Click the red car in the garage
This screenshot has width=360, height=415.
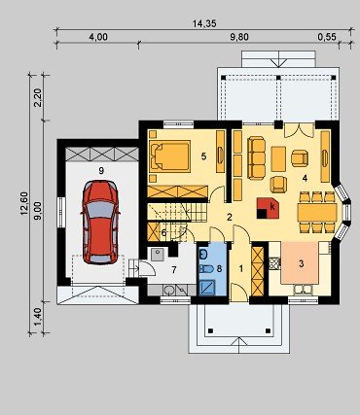pyautogui.click(x=100, y=223)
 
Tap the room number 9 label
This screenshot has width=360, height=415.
pyautogui.click(x=101, y=171)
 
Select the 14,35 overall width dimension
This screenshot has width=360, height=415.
pyautogui.click(x=204, y=23)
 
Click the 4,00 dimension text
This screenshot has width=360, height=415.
pyautogui.click(x=98, y=37)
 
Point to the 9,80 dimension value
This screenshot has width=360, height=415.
pyautogui.click(x=239, y=37)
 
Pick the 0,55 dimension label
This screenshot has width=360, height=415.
pyautogui.click(x=327, y=37)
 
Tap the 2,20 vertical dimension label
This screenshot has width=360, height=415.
pyautogui.click(x=38, y=97)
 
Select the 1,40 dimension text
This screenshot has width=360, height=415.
pyautogui.click(x=38, y=317)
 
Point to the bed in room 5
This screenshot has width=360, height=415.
pyautogui.click(x=169, y=156)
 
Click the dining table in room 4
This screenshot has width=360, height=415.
pyautogui.click(x=317, y=212)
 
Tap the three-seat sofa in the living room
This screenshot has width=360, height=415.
pyautogui.click(x=256, y=158)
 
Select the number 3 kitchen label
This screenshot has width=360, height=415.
pyautogui.click(x=302, y=263)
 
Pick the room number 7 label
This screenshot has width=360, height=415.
pyautogui.click(x=174, y=269)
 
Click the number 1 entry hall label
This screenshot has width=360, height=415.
pyautogui.click(x=241, y=268)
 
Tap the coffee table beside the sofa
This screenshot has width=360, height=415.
pyautogui.click(x=278, y=158)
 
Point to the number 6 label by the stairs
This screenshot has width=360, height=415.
pyautogui.click(x=163, y=232)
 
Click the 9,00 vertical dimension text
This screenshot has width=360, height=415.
pyautogui.click(x=38, y=211)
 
